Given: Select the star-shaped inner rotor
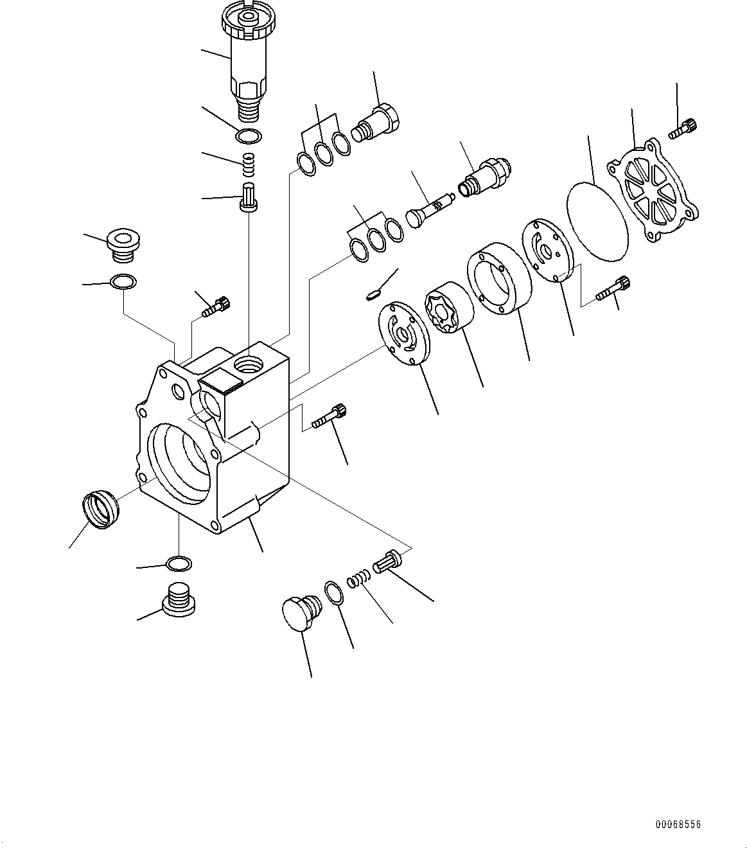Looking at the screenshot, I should (449, 308).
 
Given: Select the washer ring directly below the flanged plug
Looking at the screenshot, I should (123, 281).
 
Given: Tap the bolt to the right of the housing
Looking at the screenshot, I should (330, 417).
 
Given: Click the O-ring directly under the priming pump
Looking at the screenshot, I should (249, 136).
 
